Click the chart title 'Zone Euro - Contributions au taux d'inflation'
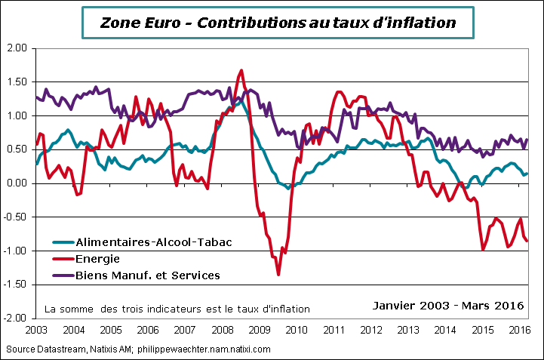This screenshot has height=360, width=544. click(x=278, y=23)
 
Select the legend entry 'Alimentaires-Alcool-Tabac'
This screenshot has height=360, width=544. click(x=152, y=242)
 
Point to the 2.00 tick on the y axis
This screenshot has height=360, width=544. click(x=17, y=48)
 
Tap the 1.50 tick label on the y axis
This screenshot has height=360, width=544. click(x=17, y=82)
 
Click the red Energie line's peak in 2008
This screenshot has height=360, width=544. click(x=241, y=70)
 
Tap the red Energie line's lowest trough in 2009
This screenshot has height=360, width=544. click(x=278, y=274)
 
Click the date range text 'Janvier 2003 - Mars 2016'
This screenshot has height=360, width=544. click(x=449, y=306)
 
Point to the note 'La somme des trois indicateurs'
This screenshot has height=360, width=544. click(x=177, y=309)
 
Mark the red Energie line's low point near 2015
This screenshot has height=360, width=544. click(x=483, y=249)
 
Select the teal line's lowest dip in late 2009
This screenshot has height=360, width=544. click(x=288, y=188)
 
